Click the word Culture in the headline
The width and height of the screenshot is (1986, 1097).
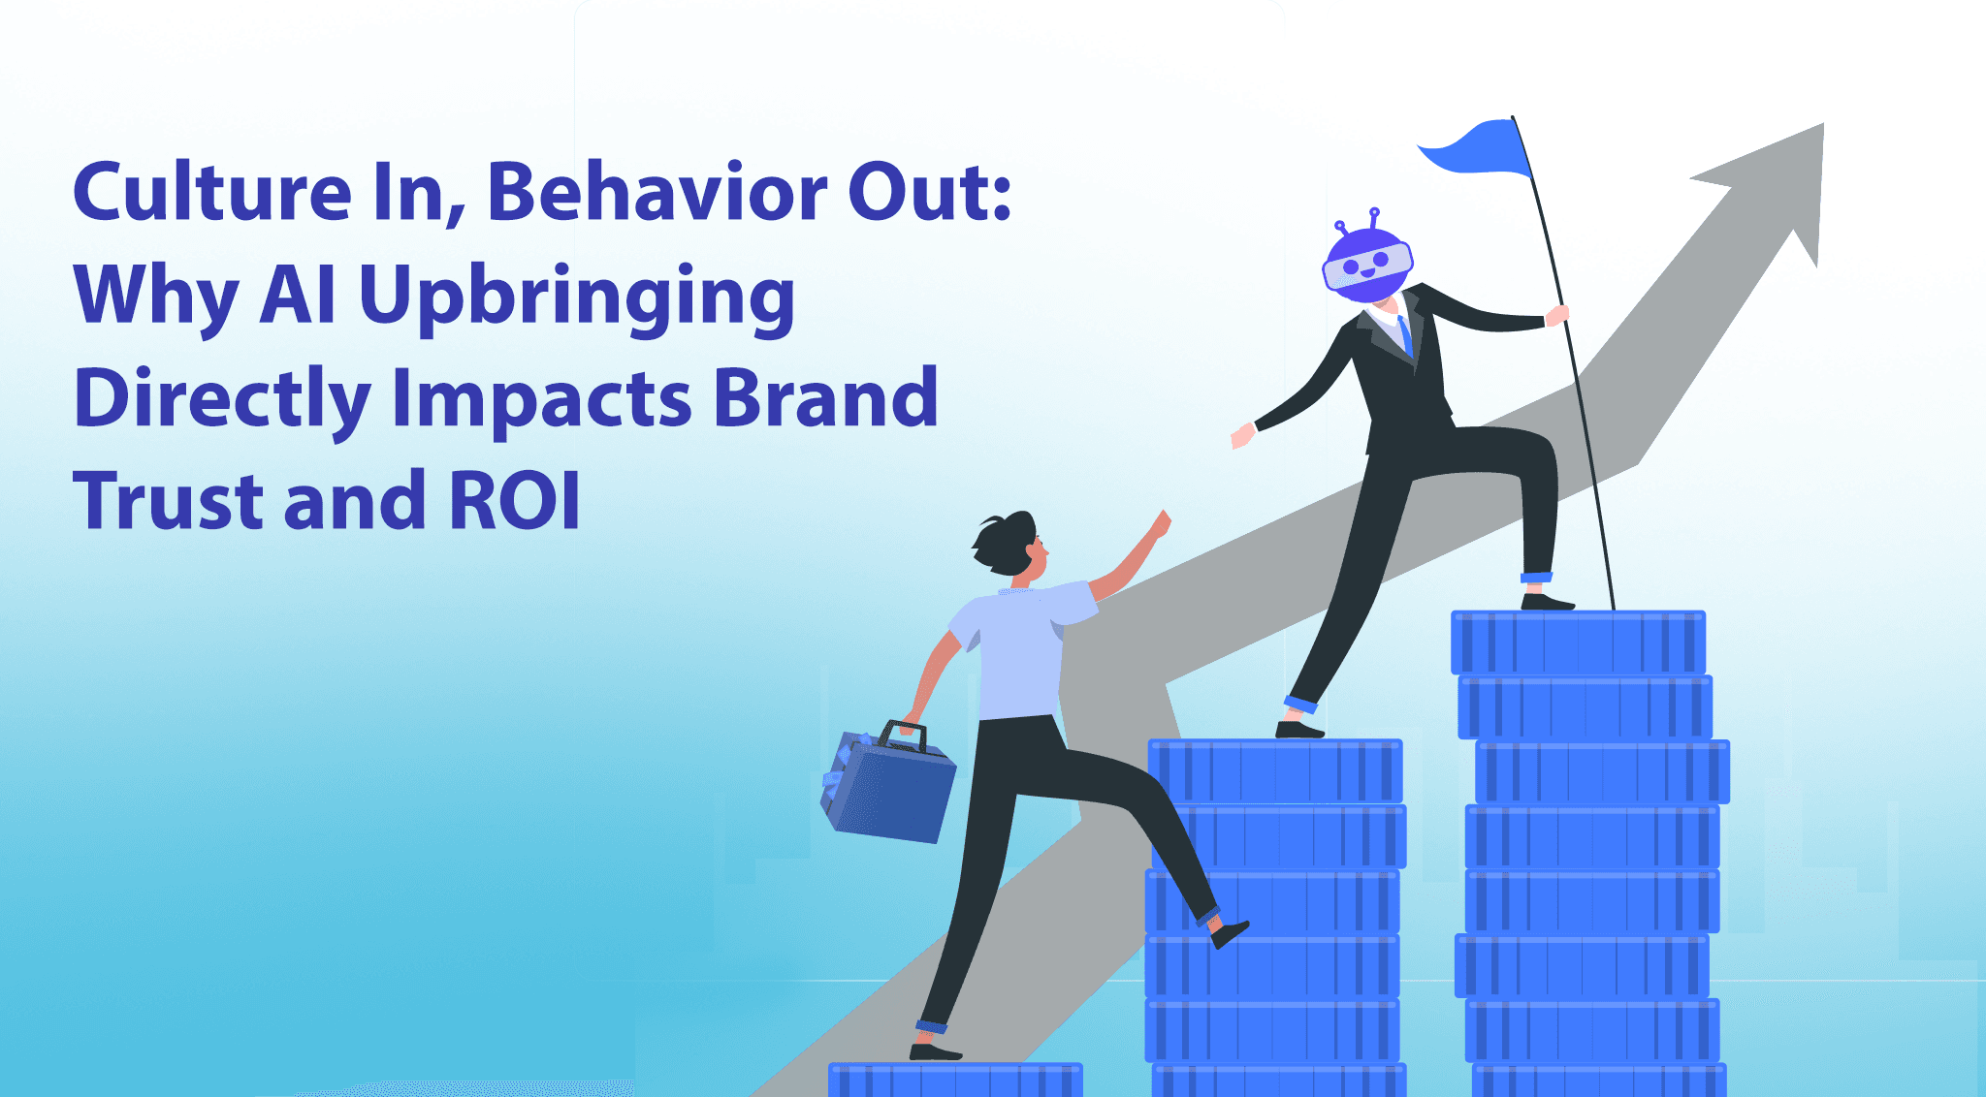(x=211, y=192)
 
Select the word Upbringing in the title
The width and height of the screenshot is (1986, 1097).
(x=577, y=295)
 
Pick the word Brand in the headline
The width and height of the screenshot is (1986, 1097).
(x=825, y=397)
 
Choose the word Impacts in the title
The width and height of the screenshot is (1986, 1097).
(x=541, y=397)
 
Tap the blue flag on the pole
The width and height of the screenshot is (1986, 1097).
(x=1477, y=148)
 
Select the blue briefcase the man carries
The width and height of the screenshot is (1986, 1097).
(x=887, y=787)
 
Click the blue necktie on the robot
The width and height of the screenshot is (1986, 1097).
(x=1405, y=335)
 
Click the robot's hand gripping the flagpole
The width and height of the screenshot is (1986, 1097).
(x=1557, y=315)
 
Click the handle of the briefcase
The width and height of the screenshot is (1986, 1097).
(x=902, y=734)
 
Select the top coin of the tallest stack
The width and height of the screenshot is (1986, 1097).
(x=1578, y=642)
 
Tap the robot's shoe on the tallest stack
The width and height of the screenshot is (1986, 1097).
(x=1547, y=602)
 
